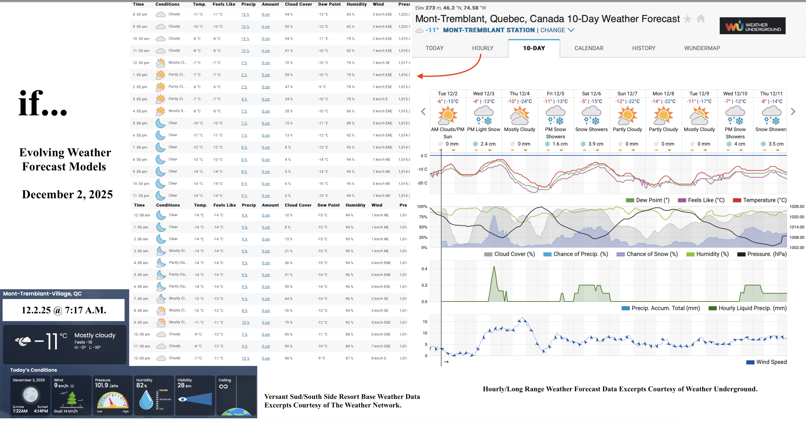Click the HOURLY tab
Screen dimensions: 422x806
482,48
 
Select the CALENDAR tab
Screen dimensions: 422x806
588,48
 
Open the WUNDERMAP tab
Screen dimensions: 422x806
702,48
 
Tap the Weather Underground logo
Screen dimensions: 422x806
752,26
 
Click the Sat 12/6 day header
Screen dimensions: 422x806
591,94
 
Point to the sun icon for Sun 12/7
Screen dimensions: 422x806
627,115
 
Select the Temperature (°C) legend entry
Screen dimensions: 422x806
764,200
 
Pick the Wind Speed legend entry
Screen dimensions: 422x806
771,362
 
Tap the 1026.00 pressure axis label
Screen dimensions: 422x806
796,207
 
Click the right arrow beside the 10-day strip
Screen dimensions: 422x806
793,112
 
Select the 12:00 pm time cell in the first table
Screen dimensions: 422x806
141,63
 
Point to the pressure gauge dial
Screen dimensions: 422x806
113,401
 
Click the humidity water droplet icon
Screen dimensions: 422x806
146,400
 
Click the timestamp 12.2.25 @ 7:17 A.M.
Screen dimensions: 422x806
64,310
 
